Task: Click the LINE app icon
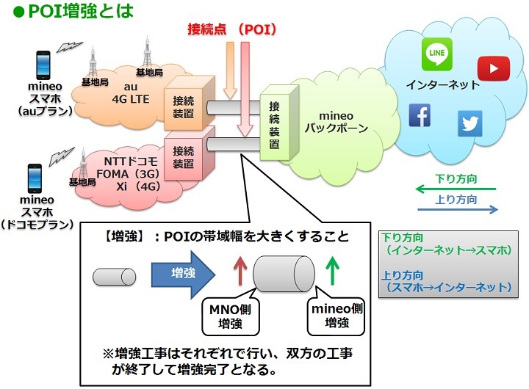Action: tap(436, 54)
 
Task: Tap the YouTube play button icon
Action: tap(492, 68)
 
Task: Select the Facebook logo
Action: tap(420, 115)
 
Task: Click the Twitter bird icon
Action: tap(470, 123)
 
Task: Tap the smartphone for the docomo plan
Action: tap(33, 178)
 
